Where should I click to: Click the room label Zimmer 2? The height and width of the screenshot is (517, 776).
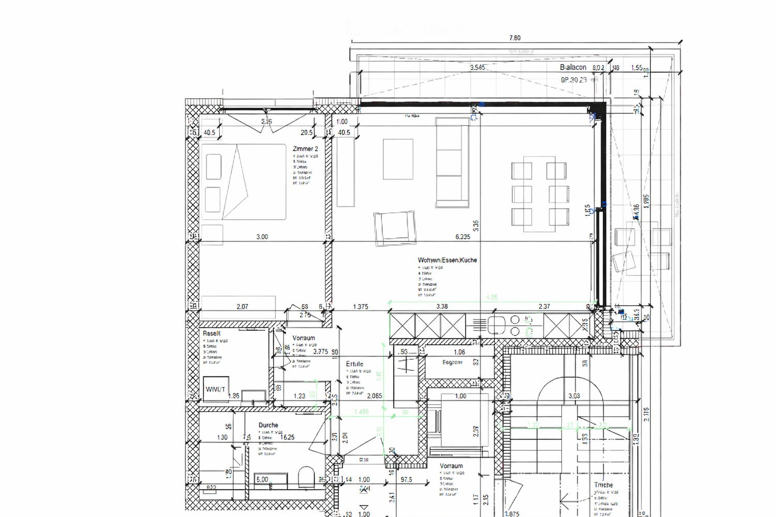(305, 149)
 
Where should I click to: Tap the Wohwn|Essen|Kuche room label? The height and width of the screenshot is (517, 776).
(447, 260)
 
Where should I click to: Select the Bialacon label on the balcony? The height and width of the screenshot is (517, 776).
(573, 67)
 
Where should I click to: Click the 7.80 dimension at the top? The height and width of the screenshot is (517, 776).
(514, 38)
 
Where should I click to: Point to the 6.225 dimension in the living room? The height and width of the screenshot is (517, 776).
(462, 237)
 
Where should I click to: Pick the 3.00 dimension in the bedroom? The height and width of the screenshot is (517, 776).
(262, 237)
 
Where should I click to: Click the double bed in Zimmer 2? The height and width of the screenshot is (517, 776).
(243, 182)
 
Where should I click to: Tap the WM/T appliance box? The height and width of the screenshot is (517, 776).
(215, 389)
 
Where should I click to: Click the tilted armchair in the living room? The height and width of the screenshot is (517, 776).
(395, 228)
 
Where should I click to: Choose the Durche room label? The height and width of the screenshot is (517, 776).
(268, 425)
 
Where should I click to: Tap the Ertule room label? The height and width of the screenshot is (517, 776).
(354, 364)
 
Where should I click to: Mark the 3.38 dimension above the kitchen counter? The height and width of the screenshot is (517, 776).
(442, 306)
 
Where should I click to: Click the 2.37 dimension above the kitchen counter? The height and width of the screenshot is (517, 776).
(544, 306)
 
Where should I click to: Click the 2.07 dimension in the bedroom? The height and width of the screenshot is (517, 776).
(242, 307)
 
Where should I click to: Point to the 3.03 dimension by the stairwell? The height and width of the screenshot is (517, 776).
(574, 396)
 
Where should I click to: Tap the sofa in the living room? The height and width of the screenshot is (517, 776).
(452, 163)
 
